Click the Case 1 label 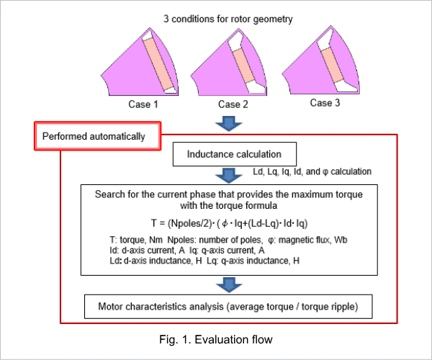143,104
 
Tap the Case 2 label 233,104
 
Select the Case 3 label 325,103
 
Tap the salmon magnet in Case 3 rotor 333,66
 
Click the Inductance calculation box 235,154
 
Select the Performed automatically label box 97,136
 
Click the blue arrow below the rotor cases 229,123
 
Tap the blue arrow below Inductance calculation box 229,176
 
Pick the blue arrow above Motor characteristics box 229,285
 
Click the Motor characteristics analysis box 228,307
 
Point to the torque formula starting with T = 229,223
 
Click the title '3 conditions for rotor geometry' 228,19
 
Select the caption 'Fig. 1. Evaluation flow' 216,340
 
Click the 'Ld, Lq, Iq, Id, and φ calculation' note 312,171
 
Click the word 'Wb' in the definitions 341,240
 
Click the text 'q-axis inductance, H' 260,261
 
